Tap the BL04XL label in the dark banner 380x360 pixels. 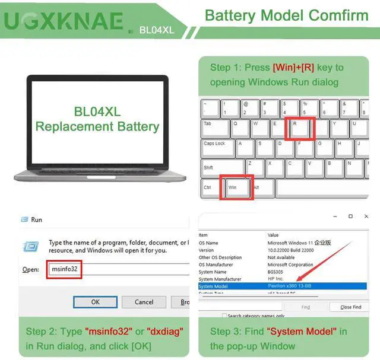(156, 30)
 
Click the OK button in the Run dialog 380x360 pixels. (95, 302)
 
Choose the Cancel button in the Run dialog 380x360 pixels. (144, 302)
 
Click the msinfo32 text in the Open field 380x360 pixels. (64, 269)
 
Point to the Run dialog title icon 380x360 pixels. (25, 219)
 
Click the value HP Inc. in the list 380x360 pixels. (276, 279)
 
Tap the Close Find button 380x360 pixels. (350, 307)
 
